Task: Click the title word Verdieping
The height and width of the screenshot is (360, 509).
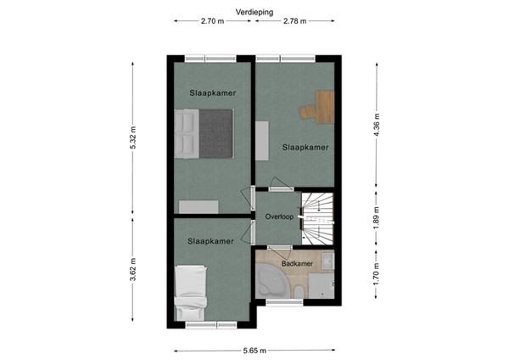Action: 255,11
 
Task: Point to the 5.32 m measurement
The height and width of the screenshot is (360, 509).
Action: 133,139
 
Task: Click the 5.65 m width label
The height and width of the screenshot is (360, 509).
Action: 255,349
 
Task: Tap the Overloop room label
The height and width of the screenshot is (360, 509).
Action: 278,217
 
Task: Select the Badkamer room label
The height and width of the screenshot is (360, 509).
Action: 297,264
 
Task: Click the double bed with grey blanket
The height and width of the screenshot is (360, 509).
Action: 204,134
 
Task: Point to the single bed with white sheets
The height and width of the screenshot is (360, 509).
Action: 191,293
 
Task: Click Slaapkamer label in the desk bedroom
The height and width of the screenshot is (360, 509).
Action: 305,147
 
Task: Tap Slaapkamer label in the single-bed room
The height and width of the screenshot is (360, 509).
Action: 210,241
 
